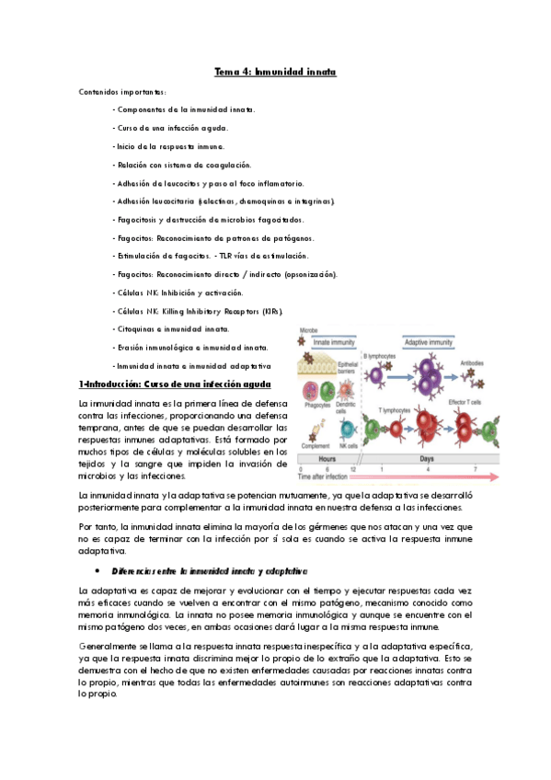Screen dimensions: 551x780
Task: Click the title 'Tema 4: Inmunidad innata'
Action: coord(275,71)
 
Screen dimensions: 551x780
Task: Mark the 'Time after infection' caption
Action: coord(327,476)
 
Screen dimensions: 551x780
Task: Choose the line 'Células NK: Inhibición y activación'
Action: coord(178,292)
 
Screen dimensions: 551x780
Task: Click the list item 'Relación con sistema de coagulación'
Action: coord(181,165)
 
